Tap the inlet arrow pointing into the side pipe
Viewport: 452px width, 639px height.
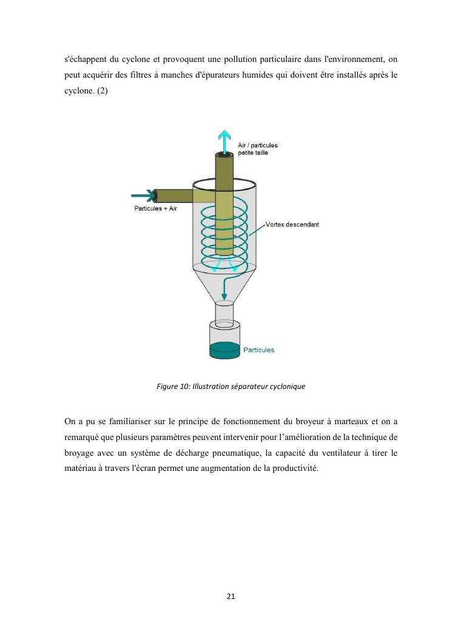point(143,195)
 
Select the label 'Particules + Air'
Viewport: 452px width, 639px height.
point(155,209)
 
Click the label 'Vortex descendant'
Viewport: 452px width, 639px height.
point(292,224)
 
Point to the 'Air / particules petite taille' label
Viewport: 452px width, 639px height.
point(261,149)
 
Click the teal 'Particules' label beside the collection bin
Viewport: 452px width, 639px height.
point(258,350)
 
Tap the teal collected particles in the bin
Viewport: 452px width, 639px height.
point(224,350)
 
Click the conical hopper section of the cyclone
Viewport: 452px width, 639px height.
point(224,285)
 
